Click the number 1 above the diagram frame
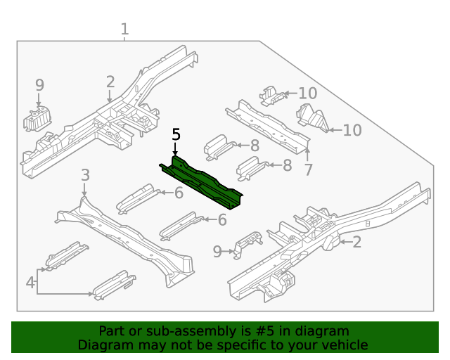click(x=124, y=30)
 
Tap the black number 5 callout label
click(x=176, y=134)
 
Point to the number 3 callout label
click(x=84, y=175)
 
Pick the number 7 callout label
click(x=307, y=169)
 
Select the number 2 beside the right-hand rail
click(x=356, y=243)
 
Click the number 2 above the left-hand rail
click(x=110, y=82)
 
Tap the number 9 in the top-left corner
click(x=39, y=84)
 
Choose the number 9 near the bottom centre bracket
click(x=217, y=251)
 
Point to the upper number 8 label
click(x=255, y=146)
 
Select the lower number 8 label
click(x=287, y=165)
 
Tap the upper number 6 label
click(x=179, y=193)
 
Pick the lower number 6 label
click(x=222, y=219)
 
